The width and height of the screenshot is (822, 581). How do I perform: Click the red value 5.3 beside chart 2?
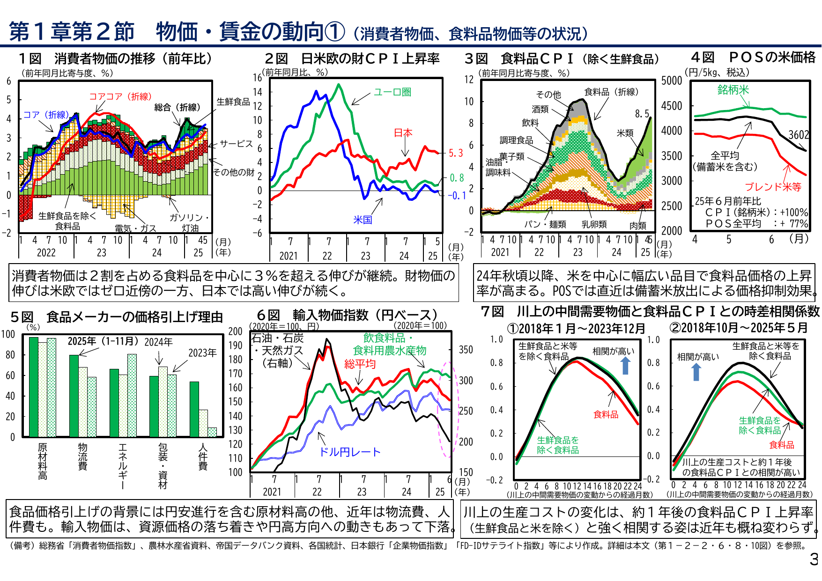455,153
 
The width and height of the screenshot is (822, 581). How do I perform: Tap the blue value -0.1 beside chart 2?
457,196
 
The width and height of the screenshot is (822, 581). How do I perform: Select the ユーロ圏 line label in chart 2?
392,92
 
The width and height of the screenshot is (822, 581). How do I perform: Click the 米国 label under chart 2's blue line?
363,220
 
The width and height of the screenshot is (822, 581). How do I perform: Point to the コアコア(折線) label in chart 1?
120,96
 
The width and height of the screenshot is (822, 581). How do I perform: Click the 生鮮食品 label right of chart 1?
233,102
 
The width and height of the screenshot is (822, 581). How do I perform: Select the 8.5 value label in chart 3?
642,114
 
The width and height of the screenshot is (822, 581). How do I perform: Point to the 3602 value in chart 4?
799,135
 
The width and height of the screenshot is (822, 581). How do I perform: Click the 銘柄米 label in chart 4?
733,90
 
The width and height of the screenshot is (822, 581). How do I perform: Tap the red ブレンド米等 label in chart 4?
773,187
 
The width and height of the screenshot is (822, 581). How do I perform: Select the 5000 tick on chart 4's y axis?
671,81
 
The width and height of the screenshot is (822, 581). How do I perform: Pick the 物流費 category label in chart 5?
83,456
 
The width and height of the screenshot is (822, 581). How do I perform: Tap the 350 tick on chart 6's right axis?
466,350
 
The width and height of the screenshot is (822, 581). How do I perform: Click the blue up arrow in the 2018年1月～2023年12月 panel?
625,365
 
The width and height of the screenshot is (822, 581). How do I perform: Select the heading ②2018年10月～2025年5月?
739,328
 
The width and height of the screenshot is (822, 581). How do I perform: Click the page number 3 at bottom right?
814,559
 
